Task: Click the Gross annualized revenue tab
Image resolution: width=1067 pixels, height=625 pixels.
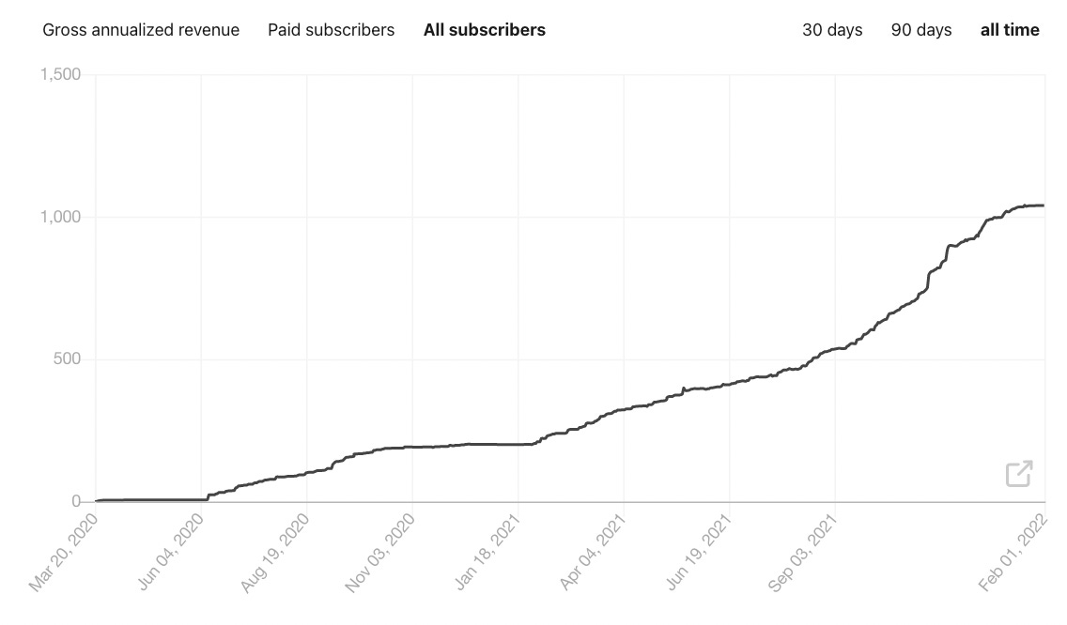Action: [x=141, y=30]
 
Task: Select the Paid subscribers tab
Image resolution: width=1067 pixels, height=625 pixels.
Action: [x=331, y=30]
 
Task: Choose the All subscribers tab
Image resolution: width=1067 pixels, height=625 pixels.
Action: [x=484, y=30]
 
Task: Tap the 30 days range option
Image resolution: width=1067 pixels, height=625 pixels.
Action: [x=832, y=30]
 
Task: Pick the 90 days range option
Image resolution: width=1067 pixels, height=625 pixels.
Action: [x=921, y=30]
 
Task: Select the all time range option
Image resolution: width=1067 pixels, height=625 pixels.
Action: [x=1010, y=30]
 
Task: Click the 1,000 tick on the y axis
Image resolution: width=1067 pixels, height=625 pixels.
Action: [x=61, y=217]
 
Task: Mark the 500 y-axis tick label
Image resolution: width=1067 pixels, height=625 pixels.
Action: [x=68, y=359]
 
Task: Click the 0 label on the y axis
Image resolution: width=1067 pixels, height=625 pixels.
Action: [x=76, y=502]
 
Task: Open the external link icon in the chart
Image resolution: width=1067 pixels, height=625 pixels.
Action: [x=1019, y=474]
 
